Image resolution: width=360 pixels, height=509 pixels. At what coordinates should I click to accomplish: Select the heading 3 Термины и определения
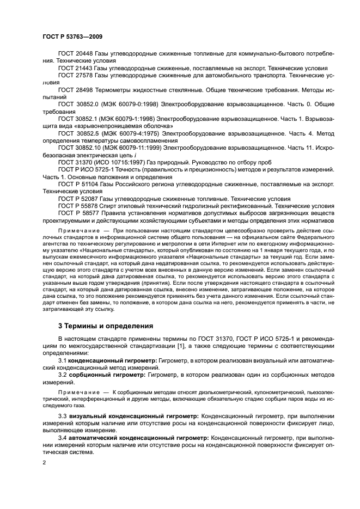(99, 326)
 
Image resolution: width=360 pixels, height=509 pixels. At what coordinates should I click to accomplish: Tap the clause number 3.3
(63, 416)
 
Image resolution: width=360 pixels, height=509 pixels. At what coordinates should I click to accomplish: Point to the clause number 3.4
(63, 438)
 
